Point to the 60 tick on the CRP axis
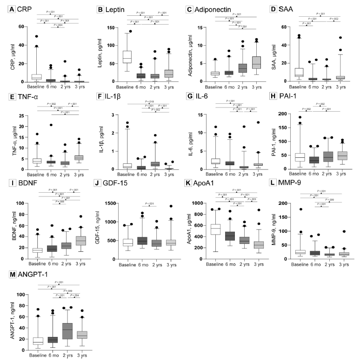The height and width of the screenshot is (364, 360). pyautogui.click(x=21, y=27)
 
